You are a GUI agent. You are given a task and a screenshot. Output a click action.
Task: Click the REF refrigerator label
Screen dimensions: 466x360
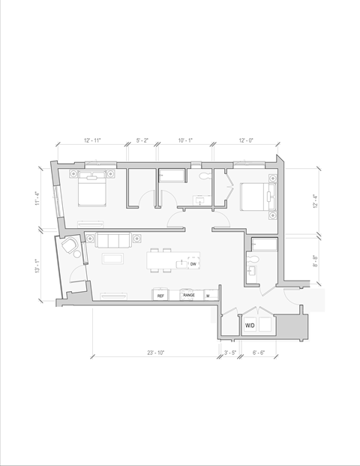click(160, 296)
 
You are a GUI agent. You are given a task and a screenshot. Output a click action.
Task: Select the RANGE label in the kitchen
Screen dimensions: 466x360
click(189, 296)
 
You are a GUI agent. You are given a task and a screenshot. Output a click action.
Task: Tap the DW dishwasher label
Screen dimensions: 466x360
click(193, 264)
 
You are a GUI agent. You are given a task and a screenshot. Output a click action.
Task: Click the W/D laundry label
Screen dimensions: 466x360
click(250, 326)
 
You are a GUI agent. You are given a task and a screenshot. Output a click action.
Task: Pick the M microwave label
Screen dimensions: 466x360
click(208, 296)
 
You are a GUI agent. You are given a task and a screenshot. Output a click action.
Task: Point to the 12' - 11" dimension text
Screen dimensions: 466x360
click(92, 140)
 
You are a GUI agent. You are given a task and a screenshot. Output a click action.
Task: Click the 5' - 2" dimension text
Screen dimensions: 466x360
click(142, 140)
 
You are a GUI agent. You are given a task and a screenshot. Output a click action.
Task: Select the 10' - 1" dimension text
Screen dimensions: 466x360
click(186, 140)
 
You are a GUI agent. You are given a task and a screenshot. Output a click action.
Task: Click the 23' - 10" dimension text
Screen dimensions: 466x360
click(155, 352)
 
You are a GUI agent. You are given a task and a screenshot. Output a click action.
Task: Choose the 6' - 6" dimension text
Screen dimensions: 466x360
click(259, 352)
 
